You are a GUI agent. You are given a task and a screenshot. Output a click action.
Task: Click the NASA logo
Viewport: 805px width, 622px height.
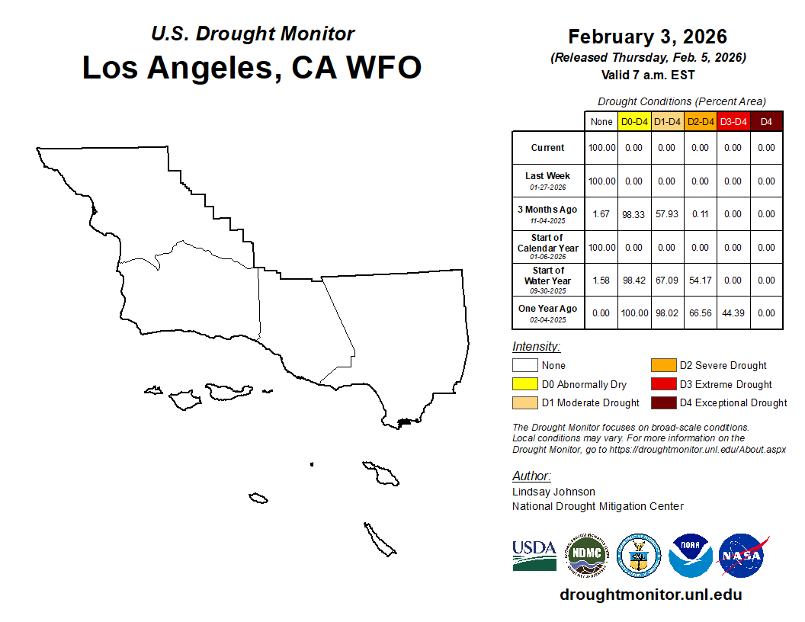742,555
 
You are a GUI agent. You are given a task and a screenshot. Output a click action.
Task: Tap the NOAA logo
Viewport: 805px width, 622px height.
690,555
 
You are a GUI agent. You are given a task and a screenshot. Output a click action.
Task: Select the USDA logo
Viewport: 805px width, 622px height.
534,555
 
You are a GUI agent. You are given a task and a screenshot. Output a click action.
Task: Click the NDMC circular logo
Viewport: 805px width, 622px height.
586,555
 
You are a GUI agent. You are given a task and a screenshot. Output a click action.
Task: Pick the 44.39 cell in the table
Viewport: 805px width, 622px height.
733,313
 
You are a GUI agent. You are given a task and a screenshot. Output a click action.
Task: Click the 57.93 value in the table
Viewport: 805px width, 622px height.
667,214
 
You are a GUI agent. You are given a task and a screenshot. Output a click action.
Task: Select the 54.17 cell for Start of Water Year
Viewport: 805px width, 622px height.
701,281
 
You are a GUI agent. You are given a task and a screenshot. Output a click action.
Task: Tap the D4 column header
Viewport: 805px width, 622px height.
766,122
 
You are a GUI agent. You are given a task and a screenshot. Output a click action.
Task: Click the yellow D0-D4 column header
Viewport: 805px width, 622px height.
634,122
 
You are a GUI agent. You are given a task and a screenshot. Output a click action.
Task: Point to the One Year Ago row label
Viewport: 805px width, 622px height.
548,313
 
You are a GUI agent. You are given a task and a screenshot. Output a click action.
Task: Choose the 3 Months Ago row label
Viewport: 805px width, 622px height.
547,214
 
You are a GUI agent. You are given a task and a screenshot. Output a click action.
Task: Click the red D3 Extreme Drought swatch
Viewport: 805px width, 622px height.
664,384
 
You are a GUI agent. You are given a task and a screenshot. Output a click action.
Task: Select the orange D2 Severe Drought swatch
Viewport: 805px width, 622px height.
664,365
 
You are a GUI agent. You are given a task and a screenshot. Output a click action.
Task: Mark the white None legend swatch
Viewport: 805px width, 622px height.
524,365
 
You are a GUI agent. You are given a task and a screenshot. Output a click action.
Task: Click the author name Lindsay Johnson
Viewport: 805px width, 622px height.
553,492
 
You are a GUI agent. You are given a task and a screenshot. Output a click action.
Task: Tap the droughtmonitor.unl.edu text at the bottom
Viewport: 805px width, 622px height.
651,595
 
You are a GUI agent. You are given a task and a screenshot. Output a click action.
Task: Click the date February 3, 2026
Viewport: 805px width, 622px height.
647,37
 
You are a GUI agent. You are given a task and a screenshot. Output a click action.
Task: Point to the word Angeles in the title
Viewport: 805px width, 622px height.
215,68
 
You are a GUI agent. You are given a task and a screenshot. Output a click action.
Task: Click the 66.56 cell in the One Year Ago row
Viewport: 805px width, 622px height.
701,313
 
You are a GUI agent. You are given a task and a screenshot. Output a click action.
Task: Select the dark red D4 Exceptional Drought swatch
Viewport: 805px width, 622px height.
664,402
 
